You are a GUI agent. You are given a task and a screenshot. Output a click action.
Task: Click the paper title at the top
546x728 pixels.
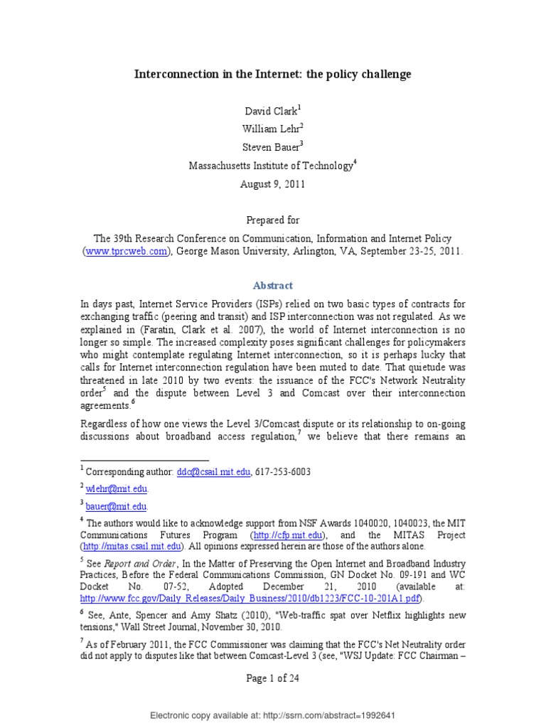click(x=273, y=74)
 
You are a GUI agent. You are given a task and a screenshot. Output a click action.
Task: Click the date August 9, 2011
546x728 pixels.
click(x=272, y=183)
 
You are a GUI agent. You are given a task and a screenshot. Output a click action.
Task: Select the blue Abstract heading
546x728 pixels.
click(x=272, y=286)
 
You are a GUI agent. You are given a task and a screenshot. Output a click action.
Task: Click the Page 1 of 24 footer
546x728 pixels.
click(x=272, y=679)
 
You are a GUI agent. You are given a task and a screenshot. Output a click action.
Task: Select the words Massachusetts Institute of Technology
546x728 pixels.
click(x=270, y=166)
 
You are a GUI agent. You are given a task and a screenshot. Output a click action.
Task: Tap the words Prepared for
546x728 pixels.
click(x=273, y=220)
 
